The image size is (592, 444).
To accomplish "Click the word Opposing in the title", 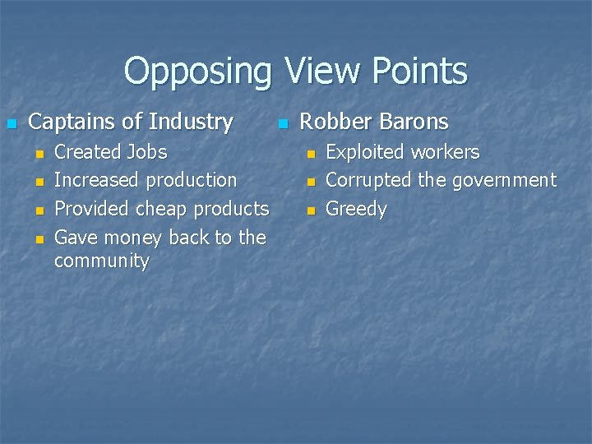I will click(x=197, y=72).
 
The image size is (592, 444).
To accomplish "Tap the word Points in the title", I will click(x=419, y=71).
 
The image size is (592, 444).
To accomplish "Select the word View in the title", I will click(x=318, y=71).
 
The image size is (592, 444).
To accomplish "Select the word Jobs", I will click(x=148, y=152).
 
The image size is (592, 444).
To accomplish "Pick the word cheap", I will click(x=162, y=209).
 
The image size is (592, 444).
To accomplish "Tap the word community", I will click(x=101, y=261).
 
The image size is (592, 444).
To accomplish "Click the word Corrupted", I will click(x=369, y=180).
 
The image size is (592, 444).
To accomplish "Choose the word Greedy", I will click(x=356, y=209).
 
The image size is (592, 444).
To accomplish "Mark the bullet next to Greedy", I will click(x=311, y=210).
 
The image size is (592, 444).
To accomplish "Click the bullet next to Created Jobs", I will click(x=38, y=154).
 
